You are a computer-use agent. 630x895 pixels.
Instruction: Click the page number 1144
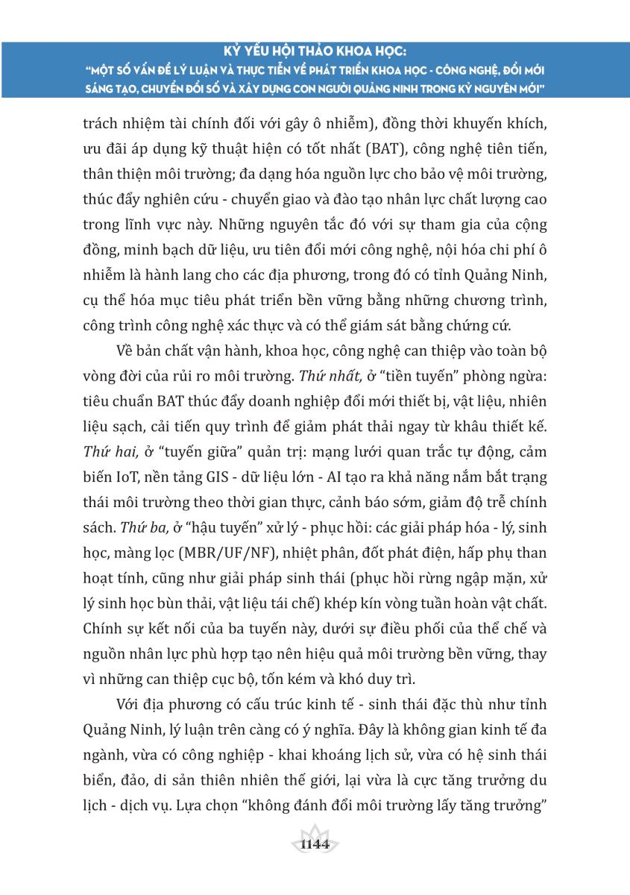pos(314,844)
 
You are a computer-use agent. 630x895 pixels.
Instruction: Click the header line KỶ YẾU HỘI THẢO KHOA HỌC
pos(315,51)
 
